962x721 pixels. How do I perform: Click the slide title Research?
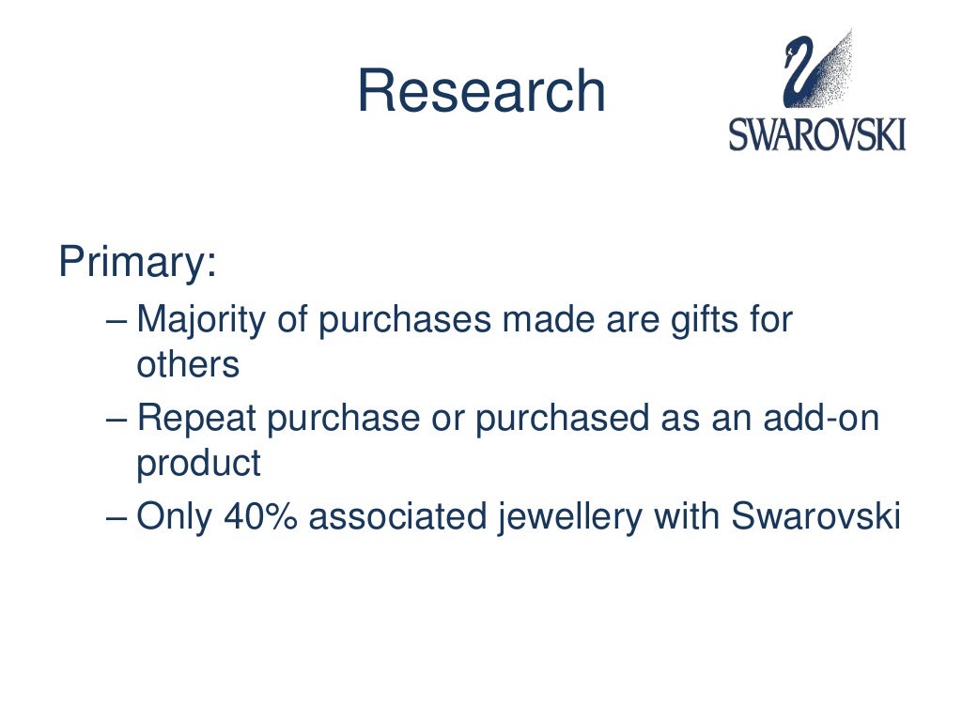(x=481, y=92)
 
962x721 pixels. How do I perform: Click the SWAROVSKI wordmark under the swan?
(x=817, y=134)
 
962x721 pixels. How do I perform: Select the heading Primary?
(x=137, y=263)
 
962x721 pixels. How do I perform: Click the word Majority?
(x=204, y=322)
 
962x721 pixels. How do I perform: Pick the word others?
(x=188, y=365)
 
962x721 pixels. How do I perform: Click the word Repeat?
(x=195, y=420)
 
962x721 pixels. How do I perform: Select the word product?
(x=198, y=464)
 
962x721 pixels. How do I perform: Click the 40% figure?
(x=260, y=517)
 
